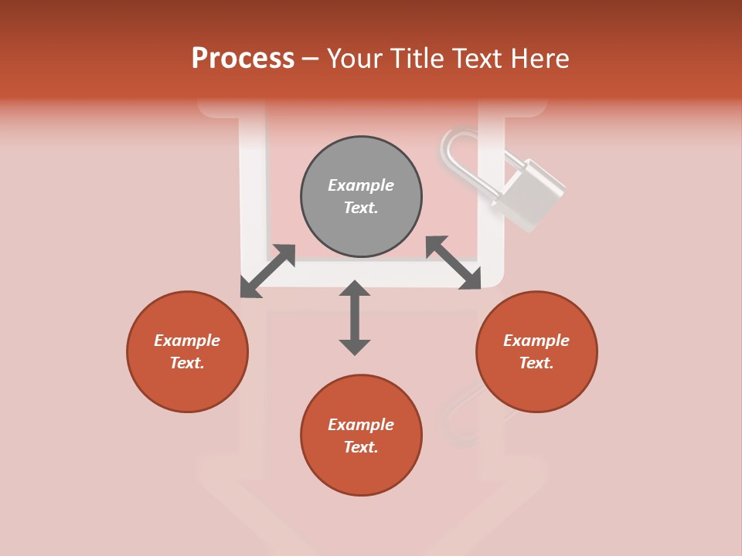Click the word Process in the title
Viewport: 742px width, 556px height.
243,59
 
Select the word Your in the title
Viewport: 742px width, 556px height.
354,59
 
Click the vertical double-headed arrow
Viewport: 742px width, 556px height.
355,317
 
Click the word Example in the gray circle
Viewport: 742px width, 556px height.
361,185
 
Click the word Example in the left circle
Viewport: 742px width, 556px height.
187,341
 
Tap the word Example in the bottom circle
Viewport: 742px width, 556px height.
361,425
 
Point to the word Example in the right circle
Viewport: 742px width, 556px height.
536,341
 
